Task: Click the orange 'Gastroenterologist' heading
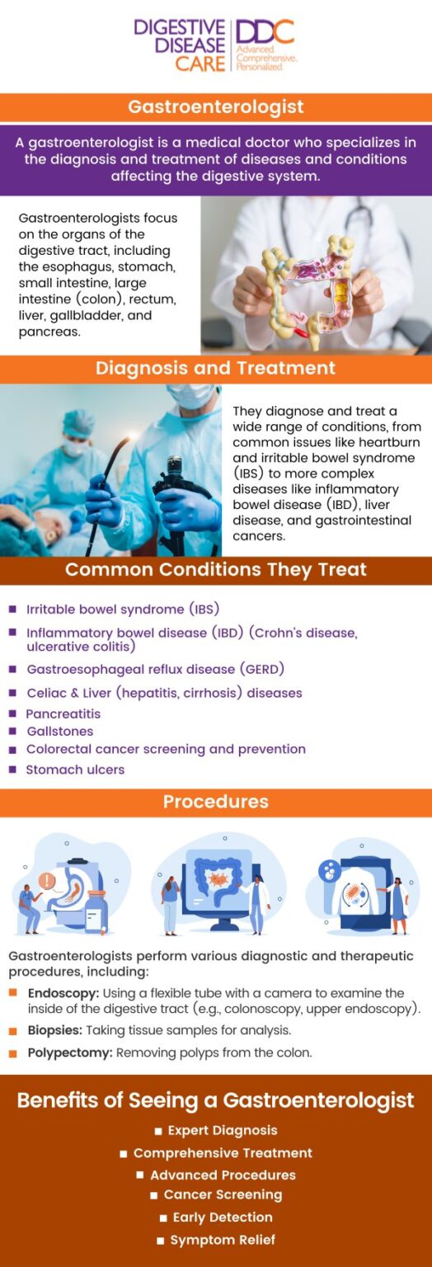(x=216, y=107)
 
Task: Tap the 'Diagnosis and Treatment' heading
(x=216, y=368)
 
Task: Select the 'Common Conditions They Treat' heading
(x=216, y=570)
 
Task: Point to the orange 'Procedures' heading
(x=216, y=802)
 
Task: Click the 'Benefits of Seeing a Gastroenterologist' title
(x=216, y=1100)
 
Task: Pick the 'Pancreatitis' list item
(x=63, y=714)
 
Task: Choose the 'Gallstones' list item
(x=59, y=731)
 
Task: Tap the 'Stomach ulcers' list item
(x=75, y=770)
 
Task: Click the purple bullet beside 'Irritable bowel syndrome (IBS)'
(x=12, y=610)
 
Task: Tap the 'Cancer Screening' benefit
(x=223, y=1194)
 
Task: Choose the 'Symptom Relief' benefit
(x=223, y=1240)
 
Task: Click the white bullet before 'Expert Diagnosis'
(x=158, y=1132)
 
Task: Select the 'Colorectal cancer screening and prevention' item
(x=166, y=749)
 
